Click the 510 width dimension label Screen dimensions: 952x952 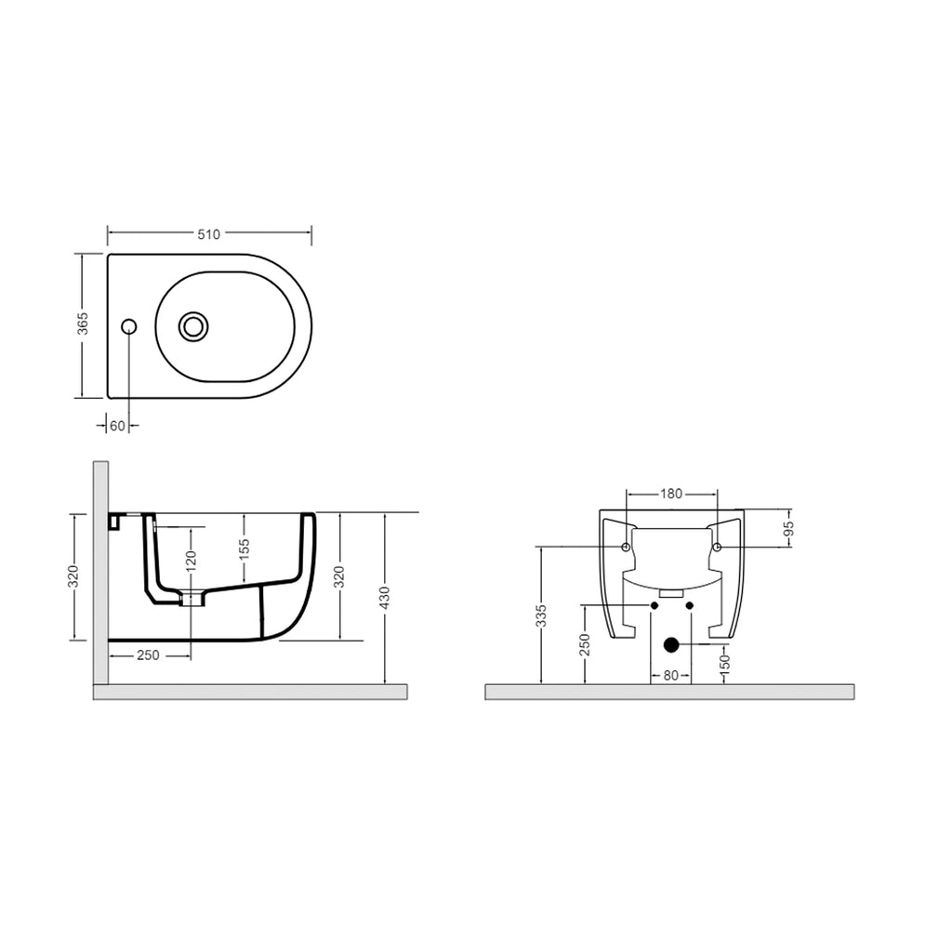click(209, 234)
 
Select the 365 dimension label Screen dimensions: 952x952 click(83, 324)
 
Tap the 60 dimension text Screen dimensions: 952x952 click(117, 426)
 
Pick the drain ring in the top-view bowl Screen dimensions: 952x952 click(193, 325)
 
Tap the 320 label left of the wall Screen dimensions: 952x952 click(73, 576)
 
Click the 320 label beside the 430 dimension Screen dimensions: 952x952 click(339, 576)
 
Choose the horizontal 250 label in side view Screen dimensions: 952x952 click(148, 655)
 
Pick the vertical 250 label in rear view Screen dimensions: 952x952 click(585, 645)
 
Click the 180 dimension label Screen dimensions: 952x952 click(671, 494)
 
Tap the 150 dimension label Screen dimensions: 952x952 click(725, 664)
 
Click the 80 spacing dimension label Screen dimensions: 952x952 click(671, 676)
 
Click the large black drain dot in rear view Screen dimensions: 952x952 click(671, 643)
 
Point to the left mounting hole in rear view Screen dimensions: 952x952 click(626, 546)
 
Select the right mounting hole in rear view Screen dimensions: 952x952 click(717, 546)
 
